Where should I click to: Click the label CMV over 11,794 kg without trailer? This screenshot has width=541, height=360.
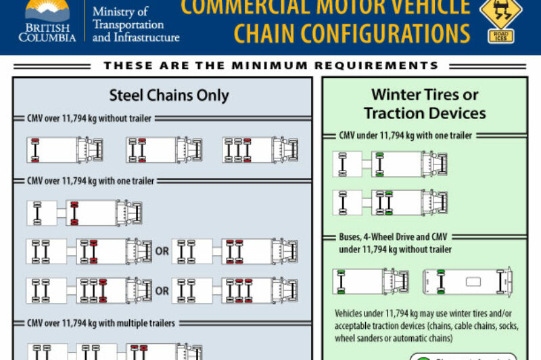(89, 118)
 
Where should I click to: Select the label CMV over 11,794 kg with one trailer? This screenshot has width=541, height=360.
(90, 181)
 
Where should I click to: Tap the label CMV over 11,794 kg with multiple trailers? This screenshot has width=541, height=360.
(101, 323)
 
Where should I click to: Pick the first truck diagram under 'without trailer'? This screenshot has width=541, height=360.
(66, 150)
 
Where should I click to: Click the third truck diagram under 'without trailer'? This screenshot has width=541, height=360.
(260, 150)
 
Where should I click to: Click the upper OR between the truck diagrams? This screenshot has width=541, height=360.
(162, 251)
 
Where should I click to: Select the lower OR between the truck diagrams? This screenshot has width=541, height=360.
(162, 290)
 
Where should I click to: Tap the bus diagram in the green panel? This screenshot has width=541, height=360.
(467, 281)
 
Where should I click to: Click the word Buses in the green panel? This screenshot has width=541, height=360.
(354, 238)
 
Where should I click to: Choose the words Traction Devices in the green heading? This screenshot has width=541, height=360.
(424, 112)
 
